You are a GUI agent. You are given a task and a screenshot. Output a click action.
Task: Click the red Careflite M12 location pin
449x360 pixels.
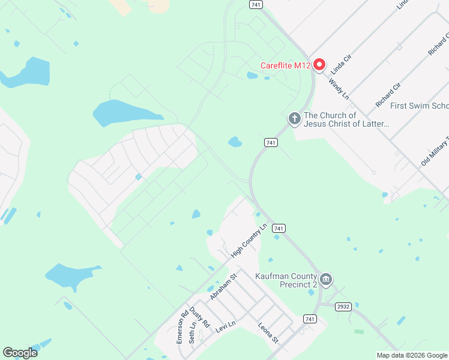319,65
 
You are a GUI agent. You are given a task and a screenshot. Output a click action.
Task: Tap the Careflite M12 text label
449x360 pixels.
285,65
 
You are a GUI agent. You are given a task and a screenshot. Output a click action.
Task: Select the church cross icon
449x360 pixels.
294,118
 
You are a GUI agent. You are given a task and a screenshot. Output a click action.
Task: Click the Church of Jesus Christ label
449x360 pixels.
347,119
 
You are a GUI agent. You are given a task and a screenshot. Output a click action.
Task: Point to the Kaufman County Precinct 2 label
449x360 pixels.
286,280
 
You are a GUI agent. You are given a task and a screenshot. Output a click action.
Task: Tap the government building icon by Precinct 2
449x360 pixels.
326,279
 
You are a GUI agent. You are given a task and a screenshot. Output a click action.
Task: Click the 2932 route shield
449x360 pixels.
343,307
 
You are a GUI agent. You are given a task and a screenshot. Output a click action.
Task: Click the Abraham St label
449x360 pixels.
224,287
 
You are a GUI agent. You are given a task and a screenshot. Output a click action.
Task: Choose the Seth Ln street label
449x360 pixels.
193,334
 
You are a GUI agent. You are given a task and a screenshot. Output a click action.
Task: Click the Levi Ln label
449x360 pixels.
225,327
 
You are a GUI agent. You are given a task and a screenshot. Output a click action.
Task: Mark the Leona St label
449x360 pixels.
268,333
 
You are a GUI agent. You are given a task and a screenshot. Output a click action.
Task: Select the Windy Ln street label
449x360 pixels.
338,87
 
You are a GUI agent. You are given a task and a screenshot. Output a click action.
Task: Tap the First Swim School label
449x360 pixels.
419,106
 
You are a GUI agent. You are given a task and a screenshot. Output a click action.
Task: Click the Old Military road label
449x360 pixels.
435,151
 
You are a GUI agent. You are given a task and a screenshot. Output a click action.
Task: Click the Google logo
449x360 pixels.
20,353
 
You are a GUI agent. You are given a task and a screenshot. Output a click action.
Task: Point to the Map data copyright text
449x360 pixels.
411,355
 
